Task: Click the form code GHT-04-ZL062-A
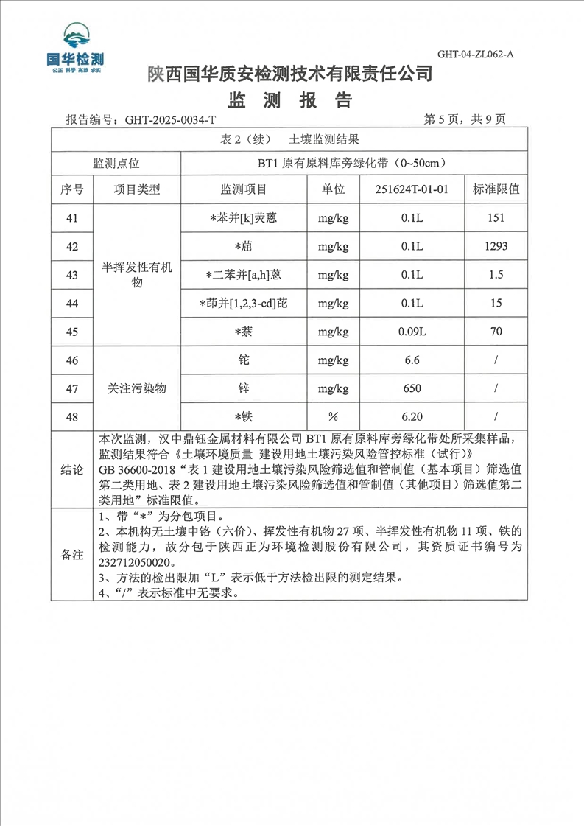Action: tap(475, 54)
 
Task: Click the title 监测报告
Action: tap(292, 99)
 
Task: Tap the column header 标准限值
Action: tap(496, 189)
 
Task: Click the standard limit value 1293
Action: tap(496, 246)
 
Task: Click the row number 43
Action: tap(71, 275)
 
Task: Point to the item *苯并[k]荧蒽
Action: tap(243, 218)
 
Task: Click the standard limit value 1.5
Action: tap(496, 275)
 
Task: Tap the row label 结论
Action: tap(71, 469)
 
